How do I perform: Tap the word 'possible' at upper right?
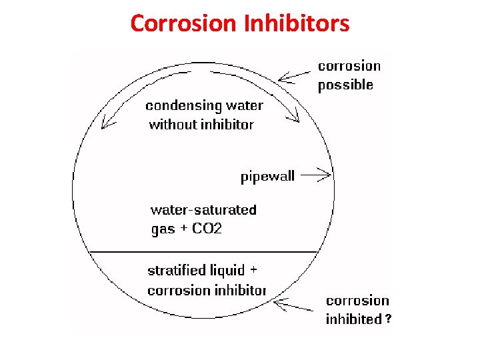[x=345, y=85]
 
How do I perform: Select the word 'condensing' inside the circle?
[x=184, y=106]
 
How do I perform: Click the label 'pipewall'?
[x=267, y=177]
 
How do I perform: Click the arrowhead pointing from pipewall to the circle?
[x=327, y=176]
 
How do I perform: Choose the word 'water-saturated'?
[x=203, y=210]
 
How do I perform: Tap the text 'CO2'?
[x=207, y=229]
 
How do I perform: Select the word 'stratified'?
[x=177, y=271]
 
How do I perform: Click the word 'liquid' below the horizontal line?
[x=227, y=271]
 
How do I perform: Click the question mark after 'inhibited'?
[x=388, y=320]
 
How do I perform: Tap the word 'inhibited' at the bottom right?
[x=353, y=319]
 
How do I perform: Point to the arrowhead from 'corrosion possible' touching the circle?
[x=281, y=79]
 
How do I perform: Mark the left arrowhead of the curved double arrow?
[x=104, y=125]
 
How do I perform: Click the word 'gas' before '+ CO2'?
[x=163, y=230]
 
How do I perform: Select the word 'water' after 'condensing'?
[x=244, y=106]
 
